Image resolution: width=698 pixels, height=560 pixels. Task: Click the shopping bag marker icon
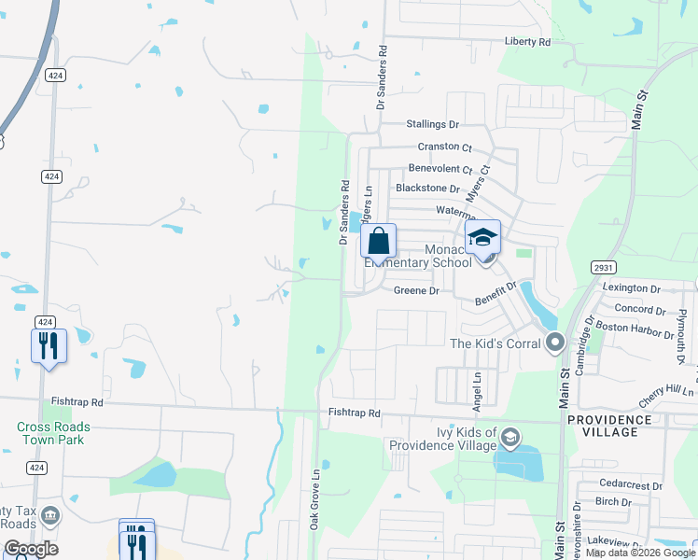pos(378,241)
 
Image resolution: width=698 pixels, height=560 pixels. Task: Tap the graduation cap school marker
pos(482,237)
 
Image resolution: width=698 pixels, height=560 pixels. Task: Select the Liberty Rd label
pos(527,42)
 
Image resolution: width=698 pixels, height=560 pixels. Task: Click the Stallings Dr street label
pos(433,124)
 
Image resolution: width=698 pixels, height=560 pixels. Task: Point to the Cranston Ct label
pos(445,147)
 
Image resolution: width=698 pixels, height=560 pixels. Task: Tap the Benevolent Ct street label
pos(440,169)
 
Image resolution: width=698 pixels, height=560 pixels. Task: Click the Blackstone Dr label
pos(428,189)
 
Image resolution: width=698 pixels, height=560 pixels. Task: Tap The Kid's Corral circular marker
pos(555,343)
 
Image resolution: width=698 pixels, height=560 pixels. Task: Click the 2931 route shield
pos(603,267)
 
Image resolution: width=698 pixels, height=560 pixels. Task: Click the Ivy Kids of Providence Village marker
pos(510,437)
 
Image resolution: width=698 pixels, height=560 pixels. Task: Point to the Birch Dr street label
pos(613,502)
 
